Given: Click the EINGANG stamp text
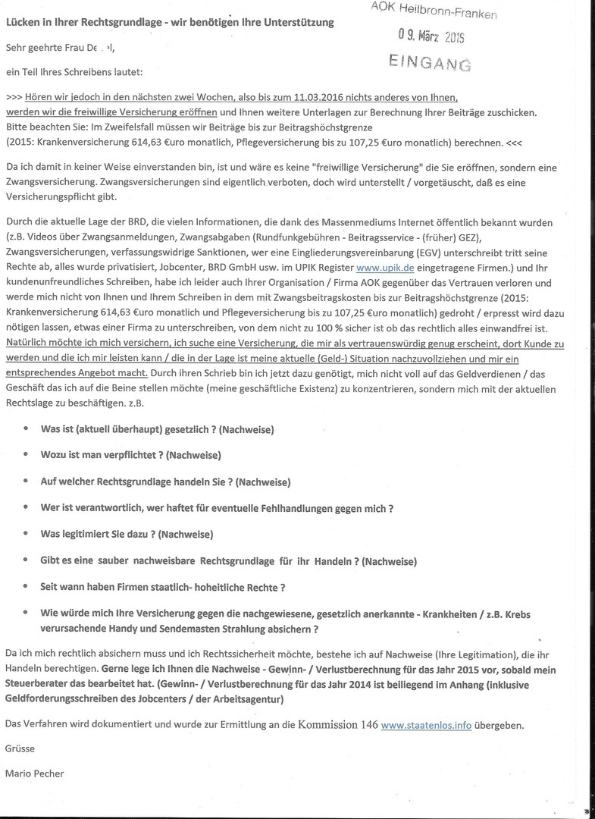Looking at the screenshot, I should tap(429, 62).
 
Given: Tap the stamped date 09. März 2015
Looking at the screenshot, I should tap(431, 35).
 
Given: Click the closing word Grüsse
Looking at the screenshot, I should tap(20, 748).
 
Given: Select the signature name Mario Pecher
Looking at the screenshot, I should tap(33, 773).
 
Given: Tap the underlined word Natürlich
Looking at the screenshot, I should tap(27, 343).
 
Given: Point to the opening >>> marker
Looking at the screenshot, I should tap(13, 98).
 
